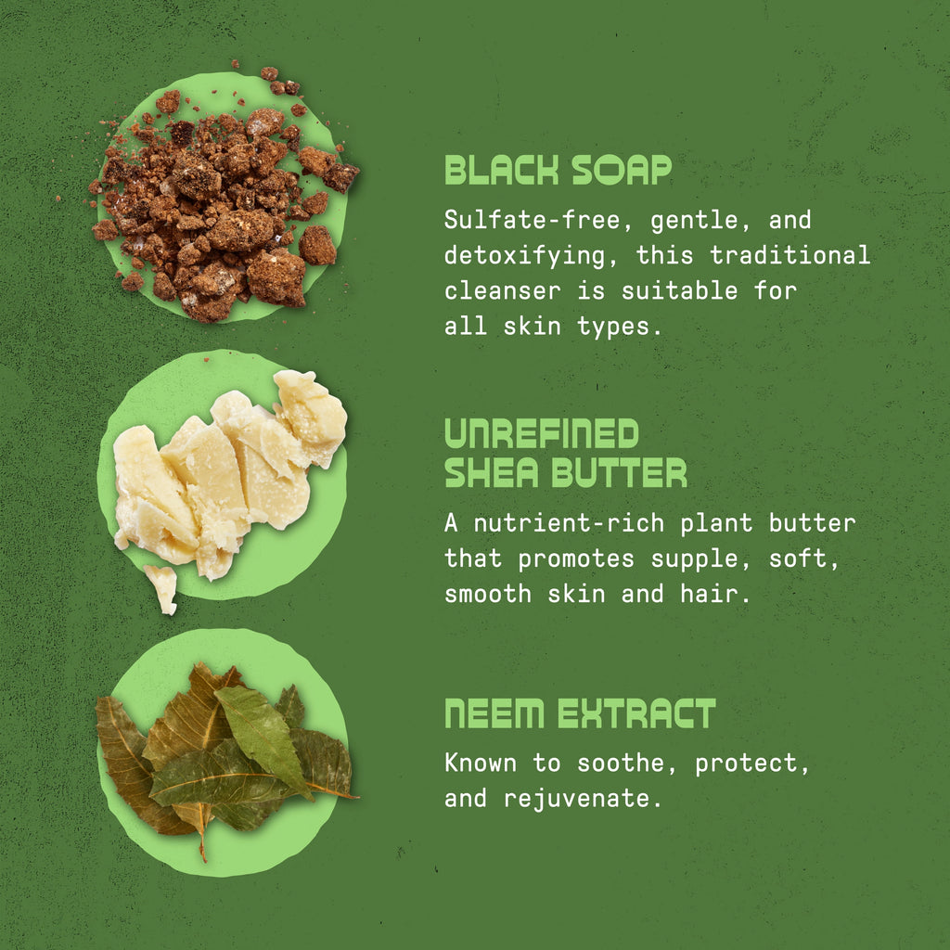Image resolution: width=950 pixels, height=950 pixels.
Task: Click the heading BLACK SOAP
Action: pyautogui.click(x=558, y=170)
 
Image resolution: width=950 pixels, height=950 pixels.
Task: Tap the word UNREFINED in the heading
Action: pyautogui.click(x=542, y=433)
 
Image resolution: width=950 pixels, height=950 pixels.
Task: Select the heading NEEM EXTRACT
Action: pyautogui.click(x=580, y=713)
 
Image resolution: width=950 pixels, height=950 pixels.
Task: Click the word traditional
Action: pyautogui.click(x=790, y=254)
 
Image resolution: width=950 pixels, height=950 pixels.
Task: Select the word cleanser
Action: pyautogui.click(x=502, y=291)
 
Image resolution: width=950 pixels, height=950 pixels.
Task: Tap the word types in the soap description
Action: pyautogui.click(x=612, y=327)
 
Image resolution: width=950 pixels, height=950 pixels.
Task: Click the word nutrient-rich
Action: pyautogui.click(x=569, y=523)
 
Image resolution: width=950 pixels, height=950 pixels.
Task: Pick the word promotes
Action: pyautogui.click(x=575, y=559)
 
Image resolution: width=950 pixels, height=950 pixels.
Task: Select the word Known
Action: pyautogui.click(x=481, y=763)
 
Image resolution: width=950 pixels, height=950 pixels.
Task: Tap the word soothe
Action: pyautogui.click(x=619, y=763)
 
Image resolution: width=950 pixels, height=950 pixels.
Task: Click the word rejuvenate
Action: pyautogui.click(x=576, y=799)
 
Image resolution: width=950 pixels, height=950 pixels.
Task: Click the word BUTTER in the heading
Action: pyautogui.click(x=619, y=472)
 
